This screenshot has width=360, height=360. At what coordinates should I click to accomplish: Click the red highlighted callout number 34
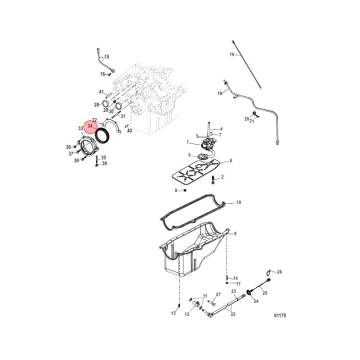point(90,126)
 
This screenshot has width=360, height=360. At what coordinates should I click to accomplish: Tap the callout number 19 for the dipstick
point(232,54)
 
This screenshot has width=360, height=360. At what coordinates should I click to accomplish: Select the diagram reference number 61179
point(280,315)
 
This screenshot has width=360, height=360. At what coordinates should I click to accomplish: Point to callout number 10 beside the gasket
point(238,202)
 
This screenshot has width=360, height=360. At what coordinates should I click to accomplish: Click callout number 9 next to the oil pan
point(235,233)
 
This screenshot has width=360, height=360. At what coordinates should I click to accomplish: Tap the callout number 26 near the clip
point(279,272)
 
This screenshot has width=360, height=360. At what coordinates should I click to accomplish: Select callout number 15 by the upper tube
point(107,56)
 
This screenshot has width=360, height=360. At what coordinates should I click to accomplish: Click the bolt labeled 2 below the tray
point(213,180)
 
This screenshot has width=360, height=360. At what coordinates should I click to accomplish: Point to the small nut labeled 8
point(185,190)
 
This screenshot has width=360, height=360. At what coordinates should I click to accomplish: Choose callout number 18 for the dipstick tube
point(219,93)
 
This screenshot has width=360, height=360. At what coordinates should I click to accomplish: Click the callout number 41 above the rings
point(101,92)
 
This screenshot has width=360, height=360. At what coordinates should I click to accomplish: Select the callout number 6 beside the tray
point(231,160)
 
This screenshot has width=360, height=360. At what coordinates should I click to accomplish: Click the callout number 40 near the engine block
point(129,130)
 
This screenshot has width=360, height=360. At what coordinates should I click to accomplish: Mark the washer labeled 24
point(248,292)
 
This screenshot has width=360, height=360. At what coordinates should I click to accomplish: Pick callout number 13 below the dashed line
point(173,313)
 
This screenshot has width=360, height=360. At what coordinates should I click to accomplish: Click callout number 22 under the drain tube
point(233,314)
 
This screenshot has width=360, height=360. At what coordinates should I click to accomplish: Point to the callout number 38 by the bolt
point(76,160)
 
